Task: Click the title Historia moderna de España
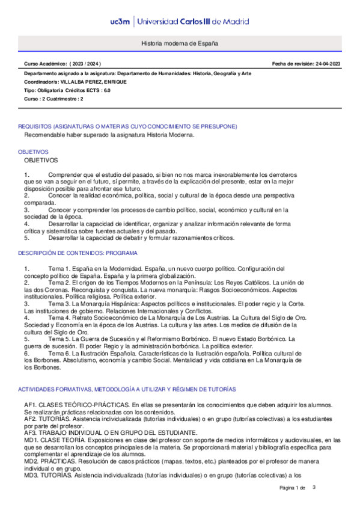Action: click(180, 45)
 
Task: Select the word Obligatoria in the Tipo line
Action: click(51, 90)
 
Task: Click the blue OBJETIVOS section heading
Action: click(34, 152)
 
